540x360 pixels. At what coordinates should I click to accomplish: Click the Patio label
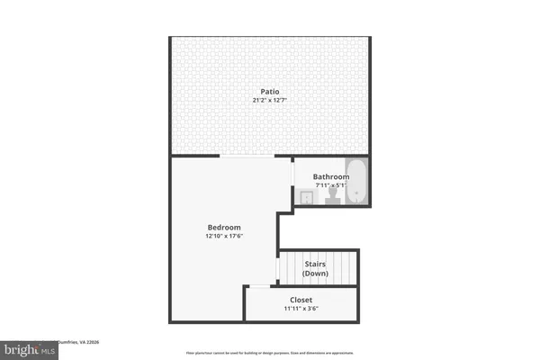click(x=269, y=91)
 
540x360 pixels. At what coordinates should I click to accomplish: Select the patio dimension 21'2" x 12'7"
click(x=269, y=100)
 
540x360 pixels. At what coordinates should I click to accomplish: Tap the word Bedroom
click(x=222, y=227)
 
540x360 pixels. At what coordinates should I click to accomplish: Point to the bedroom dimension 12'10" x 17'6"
click(x=222, y=237)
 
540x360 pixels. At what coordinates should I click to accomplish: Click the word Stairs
click(x=314, y=264)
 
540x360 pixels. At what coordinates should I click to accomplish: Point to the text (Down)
click(x=314, y=274)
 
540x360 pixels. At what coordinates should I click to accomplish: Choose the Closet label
click(x=301, y=300)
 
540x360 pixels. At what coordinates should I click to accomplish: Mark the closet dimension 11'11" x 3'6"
click(x=301, y=309)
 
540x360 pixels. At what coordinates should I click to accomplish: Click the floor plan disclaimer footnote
click(x=269, y=353)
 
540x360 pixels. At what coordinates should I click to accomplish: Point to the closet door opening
click(x=256, y=286)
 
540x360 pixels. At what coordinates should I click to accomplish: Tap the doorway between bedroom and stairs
click(x=277, y=267)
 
